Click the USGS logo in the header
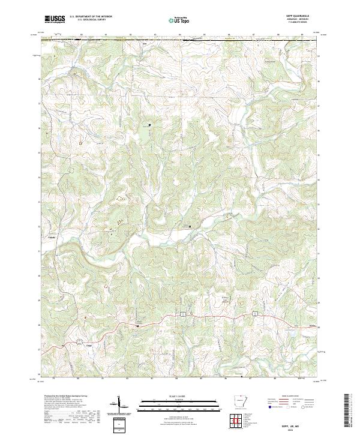pyautogui.click(x=54, y=19)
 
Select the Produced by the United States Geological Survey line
pyautogui.click(x=60, y=397)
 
